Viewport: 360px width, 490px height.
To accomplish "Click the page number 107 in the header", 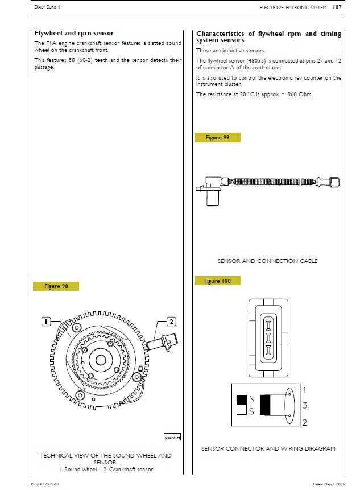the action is [x=337, y=7].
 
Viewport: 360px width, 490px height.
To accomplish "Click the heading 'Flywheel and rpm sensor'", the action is [x=74, y=34].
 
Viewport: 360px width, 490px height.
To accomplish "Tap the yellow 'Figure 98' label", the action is [x=56, y=286].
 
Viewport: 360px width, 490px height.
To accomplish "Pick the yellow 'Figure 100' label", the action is [x=217, y=281].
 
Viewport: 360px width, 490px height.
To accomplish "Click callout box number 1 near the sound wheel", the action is [x=46, y=322].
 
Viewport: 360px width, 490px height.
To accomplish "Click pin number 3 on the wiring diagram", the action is [x=305, y=406].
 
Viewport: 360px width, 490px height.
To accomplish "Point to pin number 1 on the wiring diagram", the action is [x=305, y=390].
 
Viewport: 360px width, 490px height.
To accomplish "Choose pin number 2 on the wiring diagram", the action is [x=305, y=422].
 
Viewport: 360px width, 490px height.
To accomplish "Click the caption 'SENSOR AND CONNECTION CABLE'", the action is [x=267, y=261].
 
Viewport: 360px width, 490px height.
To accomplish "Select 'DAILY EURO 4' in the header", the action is [x=47, y=8].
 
